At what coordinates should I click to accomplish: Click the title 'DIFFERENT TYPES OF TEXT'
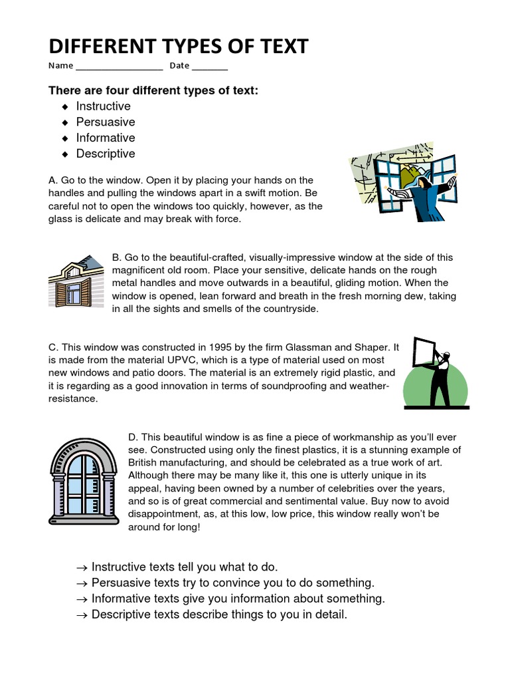179,47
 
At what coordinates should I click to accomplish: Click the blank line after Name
120,67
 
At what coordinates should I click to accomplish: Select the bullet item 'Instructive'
103,106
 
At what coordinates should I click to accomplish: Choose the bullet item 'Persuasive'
105,122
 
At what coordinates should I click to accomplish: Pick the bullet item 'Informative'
105,138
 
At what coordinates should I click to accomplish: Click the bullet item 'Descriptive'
105,154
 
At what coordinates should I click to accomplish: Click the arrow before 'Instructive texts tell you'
82,567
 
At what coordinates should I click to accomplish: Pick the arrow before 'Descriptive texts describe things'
82,615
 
